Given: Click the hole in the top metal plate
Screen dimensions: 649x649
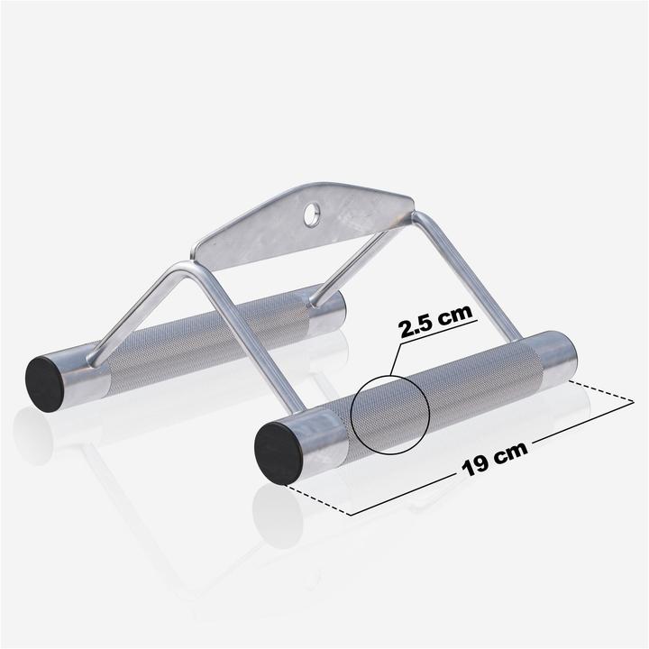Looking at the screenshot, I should (312, 214).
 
